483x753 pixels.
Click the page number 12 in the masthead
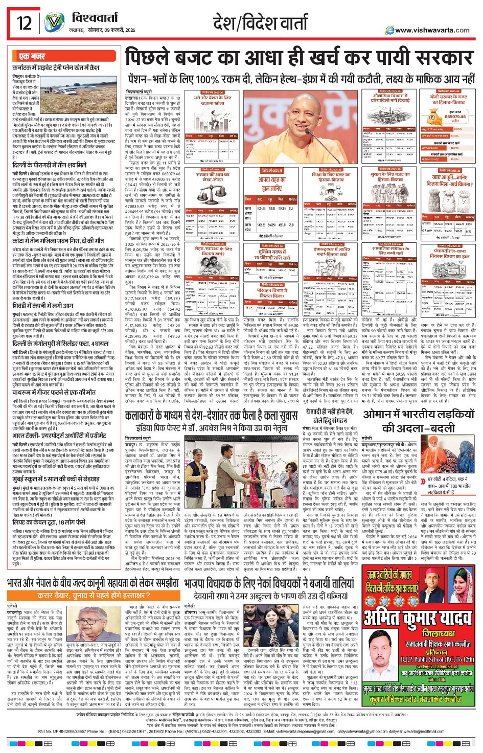tap(24, 23)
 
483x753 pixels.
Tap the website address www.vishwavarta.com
tap(432, 30)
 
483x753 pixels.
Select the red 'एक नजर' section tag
tap(32, 56)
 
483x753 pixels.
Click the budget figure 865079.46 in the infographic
tap(455, 117)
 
